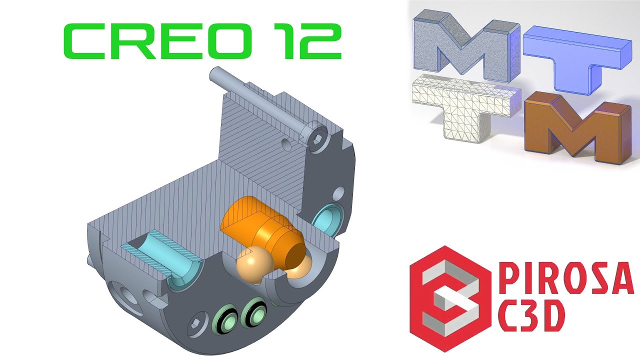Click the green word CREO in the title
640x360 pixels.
[x=157, y=41]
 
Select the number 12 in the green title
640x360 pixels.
[x=307, y=41]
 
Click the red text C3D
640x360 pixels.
[x=531, y=317]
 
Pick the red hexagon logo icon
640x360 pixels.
[x=449, y=298]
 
